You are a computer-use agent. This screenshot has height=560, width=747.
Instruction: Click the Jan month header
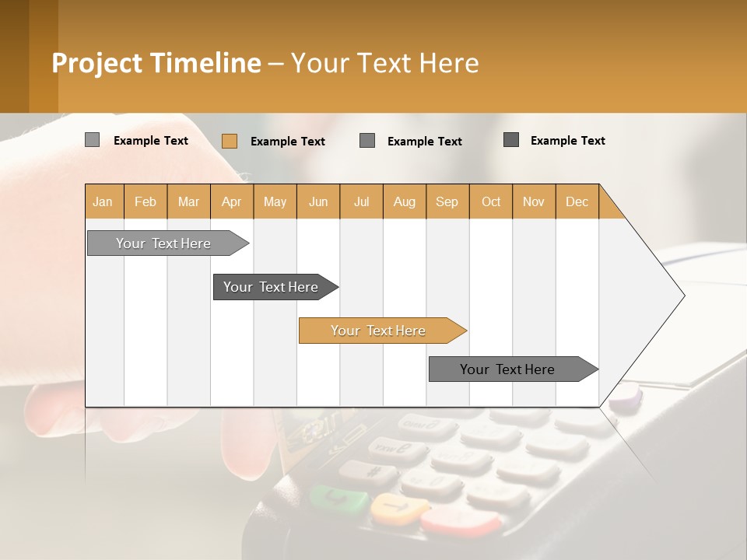pyautogui.click(x=103, y=201)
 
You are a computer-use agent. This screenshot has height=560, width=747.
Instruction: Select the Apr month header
pyautogui.click(x=231, y=201)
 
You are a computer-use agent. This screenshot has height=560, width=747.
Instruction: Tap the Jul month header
pyautogui.click(x=361, y=201)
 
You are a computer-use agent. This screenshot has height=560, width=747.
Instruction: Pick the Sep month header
pyautogui.click(x=447, y=201)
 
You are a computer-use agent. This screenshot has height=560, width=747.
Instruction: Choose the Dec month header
pyautogui.click(x=577, y=201)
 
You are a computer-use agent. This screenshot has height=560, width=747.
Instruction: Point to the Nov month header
pyautogui.click(x=533, y=201)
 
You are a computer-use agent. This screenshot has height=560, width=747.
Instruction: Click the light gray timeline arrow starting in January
pyautogui.click(x=164, y=243)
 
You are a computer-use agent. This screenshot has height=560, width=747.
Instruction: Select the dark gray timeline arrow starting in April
pyautogui.click(x=271, y=287)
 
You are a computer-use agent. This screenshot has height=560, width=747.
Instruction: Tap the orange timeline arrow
pyautogui.click(x=378, y=331)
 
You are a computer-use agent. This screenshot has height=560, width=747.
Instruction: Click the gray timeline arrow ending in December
pyautogui.click(x=507, y=369)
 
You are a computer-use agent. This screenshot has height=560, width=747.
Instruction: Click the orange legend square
pyautogui.click(x=229, y=141)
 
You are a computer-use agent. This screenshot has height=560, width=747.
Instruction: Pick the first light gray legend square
pyautogui.click(x=92, y=140)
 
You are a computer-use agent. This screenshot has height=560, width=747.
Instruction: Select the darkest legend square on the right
pyautogui.click(x=511, y=140)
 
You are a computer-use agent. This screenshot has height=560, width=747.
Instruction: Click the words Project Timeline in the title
pyautogui.click(x=156, y=63)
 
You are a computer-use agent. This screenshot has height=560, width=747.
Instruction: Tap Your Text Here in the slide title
pyautogui.click(x=384, y=63)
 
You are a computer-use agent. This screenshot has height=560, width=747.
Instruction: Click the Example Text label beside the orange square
pyautogui.click(x=287, y=142)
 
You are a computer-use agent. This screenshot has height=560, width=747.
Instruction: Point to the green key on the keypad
pyautogui.click(x=339, y=498)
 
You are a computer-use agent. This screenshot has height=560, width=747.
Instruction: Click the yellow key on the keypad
pyautogui.click(x=399, y=509)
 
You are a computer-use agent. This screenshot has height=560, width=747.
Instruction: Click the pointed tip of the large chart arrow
pyautogui.click(x=682, y=296)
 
